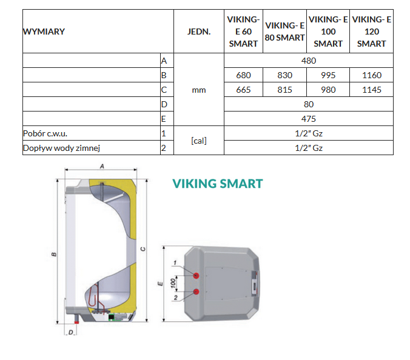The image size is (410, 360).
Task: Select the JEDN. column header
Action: [199, 32]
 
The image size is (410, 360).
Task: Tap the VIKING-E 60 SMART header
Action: [243, 32]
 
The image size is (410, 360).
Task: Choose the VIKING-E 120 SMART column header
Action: [372, 32]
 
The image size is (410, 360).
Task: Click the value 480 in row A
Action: [309, 61]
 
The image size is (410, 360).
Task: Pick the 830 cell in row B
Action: [284, 75]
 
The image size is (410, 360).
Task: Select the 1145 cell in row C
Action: [372, 90]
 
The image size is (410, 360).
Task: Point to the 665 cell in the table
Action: [243, 90]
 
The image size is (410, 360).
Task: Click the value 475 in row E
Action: [309, 119]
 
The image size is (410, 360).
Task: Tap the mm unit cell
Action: [199, 90]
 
